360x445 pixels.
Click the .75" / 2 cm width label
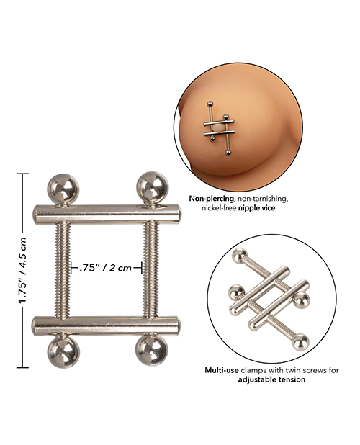pyautogui.click(x=106, y=267)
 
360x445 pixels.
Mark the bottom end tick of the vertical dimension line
pyautogui.click(x=23, y=367)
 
